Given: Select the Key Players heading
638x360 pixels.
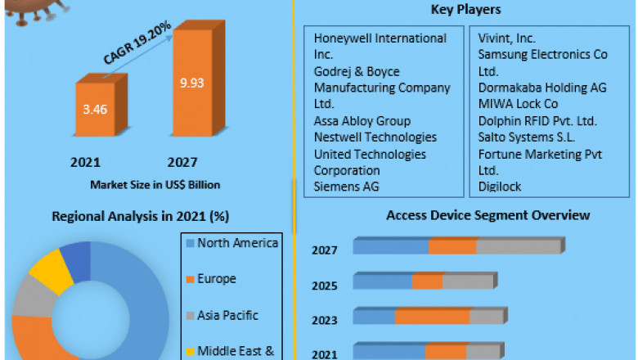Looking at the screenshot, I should [465, 10].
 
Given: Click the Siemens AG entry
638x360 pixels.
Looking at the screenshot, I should [347, 187].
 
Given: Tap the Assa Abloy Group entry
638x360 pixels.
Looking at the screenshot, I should [362, 121].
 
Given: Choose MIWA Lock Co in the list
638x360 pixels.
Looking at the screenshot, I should [518, 104].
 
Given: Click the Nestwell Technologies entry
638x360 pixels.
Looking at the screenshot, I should [375, 137].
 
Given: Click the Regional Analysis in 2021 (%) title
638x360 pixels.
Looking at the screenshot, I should [140, 216].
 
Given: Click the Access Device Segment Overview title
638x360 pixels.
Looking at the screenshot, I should [487, 215].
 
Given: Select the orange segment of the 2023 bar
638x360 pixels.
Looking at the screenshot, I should [432, 317].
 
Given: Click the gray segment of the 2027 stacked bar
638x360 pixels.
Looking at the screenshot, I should [517, 246].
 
